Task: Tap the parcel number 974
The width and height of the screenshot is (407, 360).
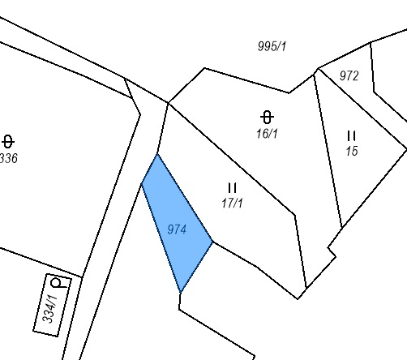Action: [x=177, y=229]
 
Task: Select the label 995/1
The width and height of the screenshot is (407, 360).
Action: [x=272, y=46]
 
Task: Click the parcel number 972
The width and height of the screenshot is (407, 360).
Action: [x=349, y=75]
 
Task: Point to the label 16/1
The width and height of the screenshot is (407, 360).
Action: [x=267, y=134]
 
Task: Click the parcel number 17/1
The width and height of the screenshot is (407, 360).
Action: [x=232, y=203]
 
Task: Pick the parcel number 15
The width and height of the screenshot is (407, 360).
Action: [x=352, y=151]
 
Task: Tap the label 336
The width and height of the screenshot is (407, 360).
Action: [x=9, y=158]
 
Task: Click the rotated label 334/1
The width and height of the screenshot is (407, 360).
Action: [x=50, y=309]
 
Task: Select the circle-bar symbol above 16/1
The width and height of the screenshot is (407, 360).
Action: [x=267, y=118]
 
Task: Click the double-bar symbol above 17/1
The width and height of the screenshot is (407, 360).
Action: [x=233, y=187]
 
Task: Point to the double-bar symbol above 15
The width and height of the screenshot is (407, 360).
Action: [x=351, y=136]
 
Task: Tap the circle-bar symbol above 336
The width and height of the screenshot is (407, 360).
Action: [x=8, y=142]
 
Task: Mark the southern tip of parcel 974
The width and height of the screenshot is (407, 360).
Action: [x=181, y=293]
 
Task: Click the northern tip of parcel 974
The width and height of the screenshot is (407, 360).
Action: [x=157, y=154]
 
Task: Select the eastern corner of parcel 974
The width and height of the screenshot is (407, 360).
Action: [x=213, y=242]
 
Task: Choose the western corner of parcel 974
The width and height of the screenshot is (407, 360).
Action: [x=142, y=184]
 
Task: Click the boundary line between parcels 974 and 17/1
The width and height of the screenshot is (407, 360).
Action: [x=185, y=198]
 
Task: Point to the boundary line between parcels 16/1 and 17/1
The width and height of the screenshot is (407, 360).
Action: [x=232, y=159]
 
